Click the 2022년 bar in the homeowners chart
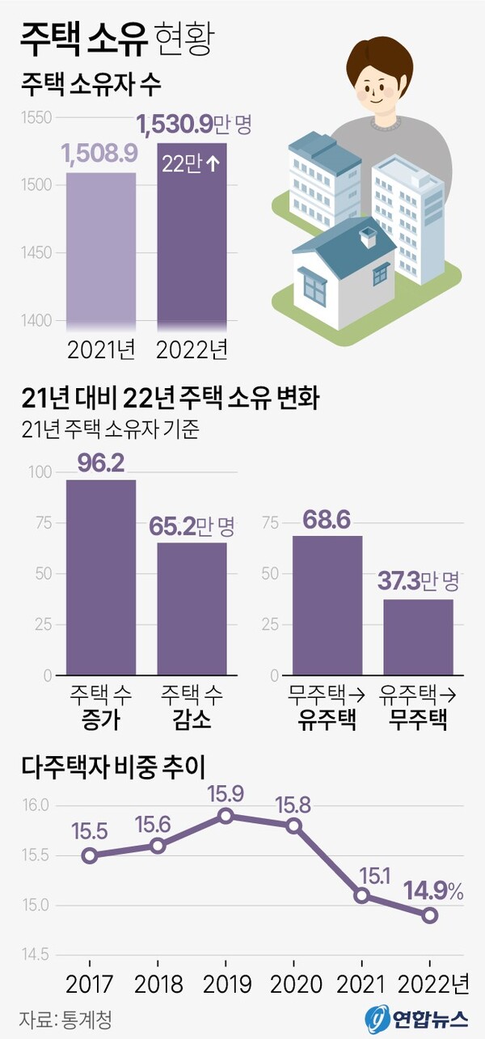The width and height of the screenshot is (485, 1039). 192,243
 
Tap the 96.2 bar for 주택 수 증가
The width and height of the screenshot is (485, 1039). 101,577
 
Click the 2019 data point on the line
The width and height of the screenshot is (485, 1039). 226,816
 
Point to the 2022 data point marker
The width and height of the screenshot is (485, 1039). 430,915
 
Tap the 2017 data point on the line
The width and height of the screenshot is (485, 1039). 90,855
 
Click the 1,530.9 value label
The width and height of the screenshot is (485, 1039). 175,125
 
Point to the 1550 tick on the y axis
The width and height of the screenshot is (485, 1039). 36,118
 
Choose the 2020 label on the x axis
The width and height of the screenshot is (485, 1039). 294,984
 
